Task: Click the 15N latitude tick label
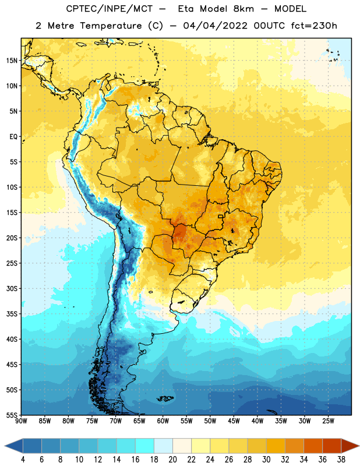[x=12, y=61]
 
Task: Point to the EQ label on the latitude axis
[x=13, y=137]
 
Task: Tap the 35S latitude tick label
[x=12, y=314]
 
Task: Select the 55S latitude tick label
[x=12, y=415]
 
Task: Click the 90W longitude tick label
[x=21, y=421]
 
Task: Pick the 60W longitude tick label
[x=163, y=421]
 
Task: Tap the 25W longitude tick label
[x=328, y=421]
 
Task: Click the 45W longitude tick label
[x=234, y=421]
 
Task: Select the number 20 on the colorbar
[x=172, y=460]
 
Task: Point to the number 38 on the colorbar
[x=341, y=460]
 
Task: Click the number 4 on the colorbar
[x=23, y=460]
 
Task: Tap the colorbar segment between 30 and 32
[x=276, y=446]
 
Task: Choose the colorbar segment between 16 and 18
[x=144, y=446]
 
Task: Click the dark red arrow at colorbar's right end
[x=350, y=446]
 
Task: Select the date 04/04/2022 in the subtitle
[x=215, y=26]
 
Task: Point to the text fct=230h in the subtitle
[x=314, y=26]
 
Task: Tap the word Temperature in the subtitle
[x=111, y=26]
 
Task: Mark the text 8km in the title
[x=243, y=9]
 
